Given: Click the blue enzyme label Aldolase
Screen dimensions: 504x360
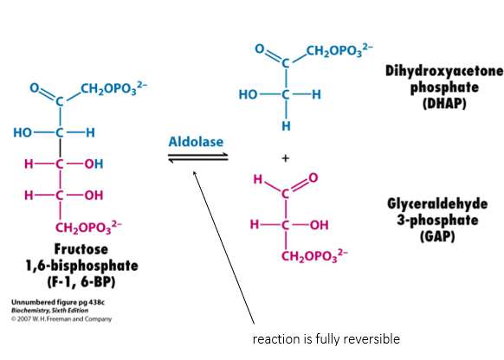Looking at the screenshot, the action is point(196,142).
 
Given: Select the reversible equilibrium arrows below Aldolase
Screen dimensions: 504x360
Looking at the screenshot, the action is point(198,157).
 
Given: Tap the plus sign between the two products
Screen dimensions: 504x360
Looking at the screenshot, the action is point(285,158).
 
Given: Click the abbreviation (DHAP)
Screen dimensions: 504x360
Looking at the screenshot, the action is point(444,103).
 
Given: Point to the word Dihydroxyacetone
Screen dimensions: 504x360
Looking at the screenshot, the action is point(444,71).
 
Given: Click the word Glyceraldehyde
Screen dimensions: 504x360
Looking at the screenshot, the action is point(437,204).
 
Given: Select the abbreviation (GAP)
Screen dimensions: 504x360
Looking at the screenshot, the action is point(437,236).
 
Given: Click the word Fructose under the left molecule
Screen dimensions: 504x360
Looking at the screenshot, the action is point(81,249).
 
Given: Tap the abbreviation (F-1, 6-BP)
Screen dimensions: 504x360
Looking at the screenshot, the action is point(81,282).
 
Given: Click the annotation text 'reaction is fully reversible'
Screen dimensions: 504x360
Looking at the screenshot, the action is point(326,339).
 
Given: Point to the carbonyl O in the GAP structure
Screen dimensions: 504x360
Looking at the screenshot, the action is point(313,177).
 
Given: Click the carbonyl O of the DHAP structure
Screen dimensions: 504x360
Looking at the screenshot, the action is point(260,48).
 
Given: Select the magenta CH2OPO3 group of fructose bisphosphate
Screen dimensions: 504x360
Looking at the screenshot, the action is point(88,227).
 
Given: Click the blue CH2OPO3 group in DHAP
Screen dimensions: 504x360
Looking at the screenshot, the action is point(339,50).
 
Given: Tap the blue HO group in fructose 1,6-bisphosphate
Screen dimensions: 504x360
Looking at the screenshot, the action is point(23,132).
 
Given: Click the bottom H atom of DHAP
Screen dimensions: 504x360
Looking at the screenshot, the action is point(286,126).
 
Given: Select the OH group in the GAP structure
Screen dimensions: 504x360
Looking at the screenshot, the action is point(320,225).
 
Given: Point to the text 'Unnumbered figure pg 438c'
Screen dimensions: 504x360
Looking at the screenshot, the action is point(58,303).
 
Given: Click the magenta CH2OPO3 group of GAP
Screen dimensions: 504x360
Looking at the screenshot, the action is point(314,256).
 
